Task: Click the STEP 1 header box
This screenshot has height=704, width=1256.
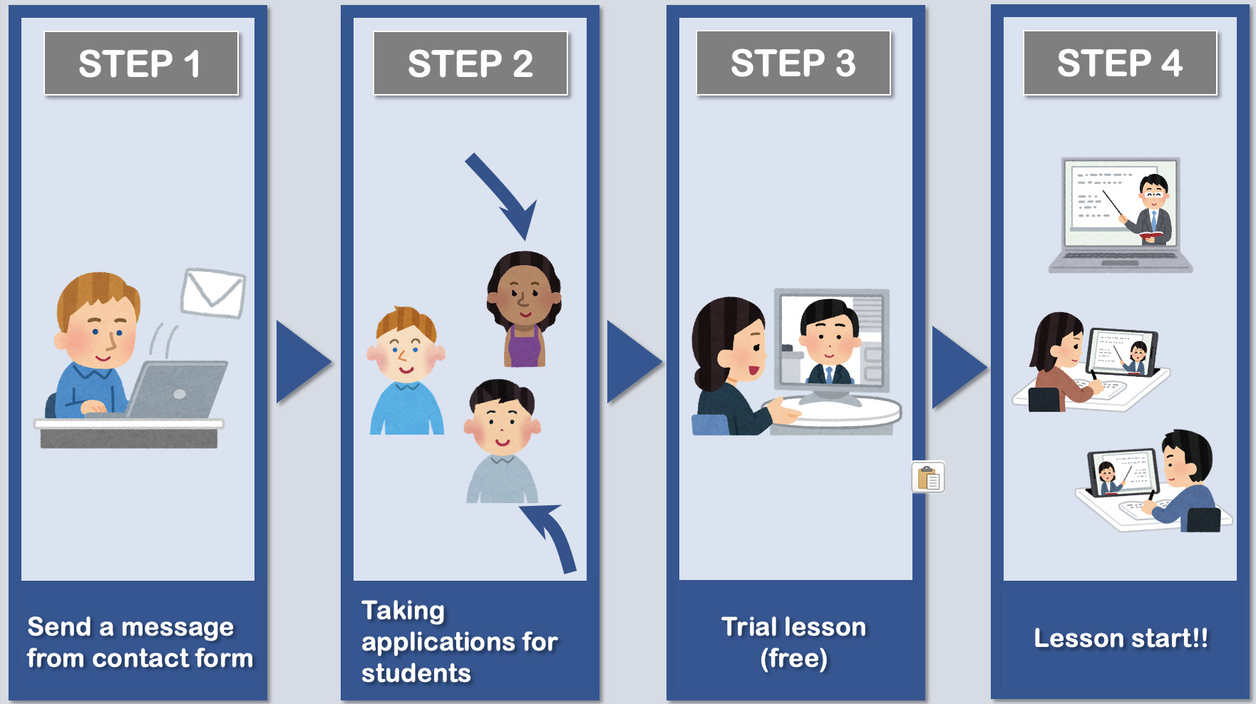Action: (141, 63)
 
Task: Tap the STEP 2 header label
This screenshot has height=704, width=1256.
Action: (470, 63)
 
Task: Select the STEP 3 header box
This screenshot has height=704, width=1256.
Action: (793, 63)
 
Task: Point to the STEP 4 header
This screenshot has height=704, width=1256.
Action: (1120, 63)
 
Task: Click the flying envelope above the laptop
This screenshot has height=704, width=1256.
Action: (213, 293)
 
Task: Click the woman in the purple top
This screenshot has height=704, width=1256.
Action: (524, 309)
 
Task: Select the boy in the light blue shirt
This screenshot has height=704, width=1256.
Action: (406, 371)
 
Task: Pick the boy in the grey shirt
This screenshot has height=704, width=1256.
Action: (503, 441)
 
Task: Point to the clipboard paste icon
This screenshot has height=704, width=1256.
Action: (928, 477)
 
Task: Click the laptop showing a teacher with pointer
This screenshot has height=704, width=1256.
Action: (1121, 214)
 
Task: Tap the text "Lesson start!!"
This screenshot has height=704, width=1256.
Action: (1121, 638)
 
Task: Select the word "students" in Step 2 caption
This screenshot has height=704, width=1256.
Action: (416, 673)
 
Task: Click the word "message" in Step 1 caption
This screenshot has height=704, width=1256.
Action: (177, 628)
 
